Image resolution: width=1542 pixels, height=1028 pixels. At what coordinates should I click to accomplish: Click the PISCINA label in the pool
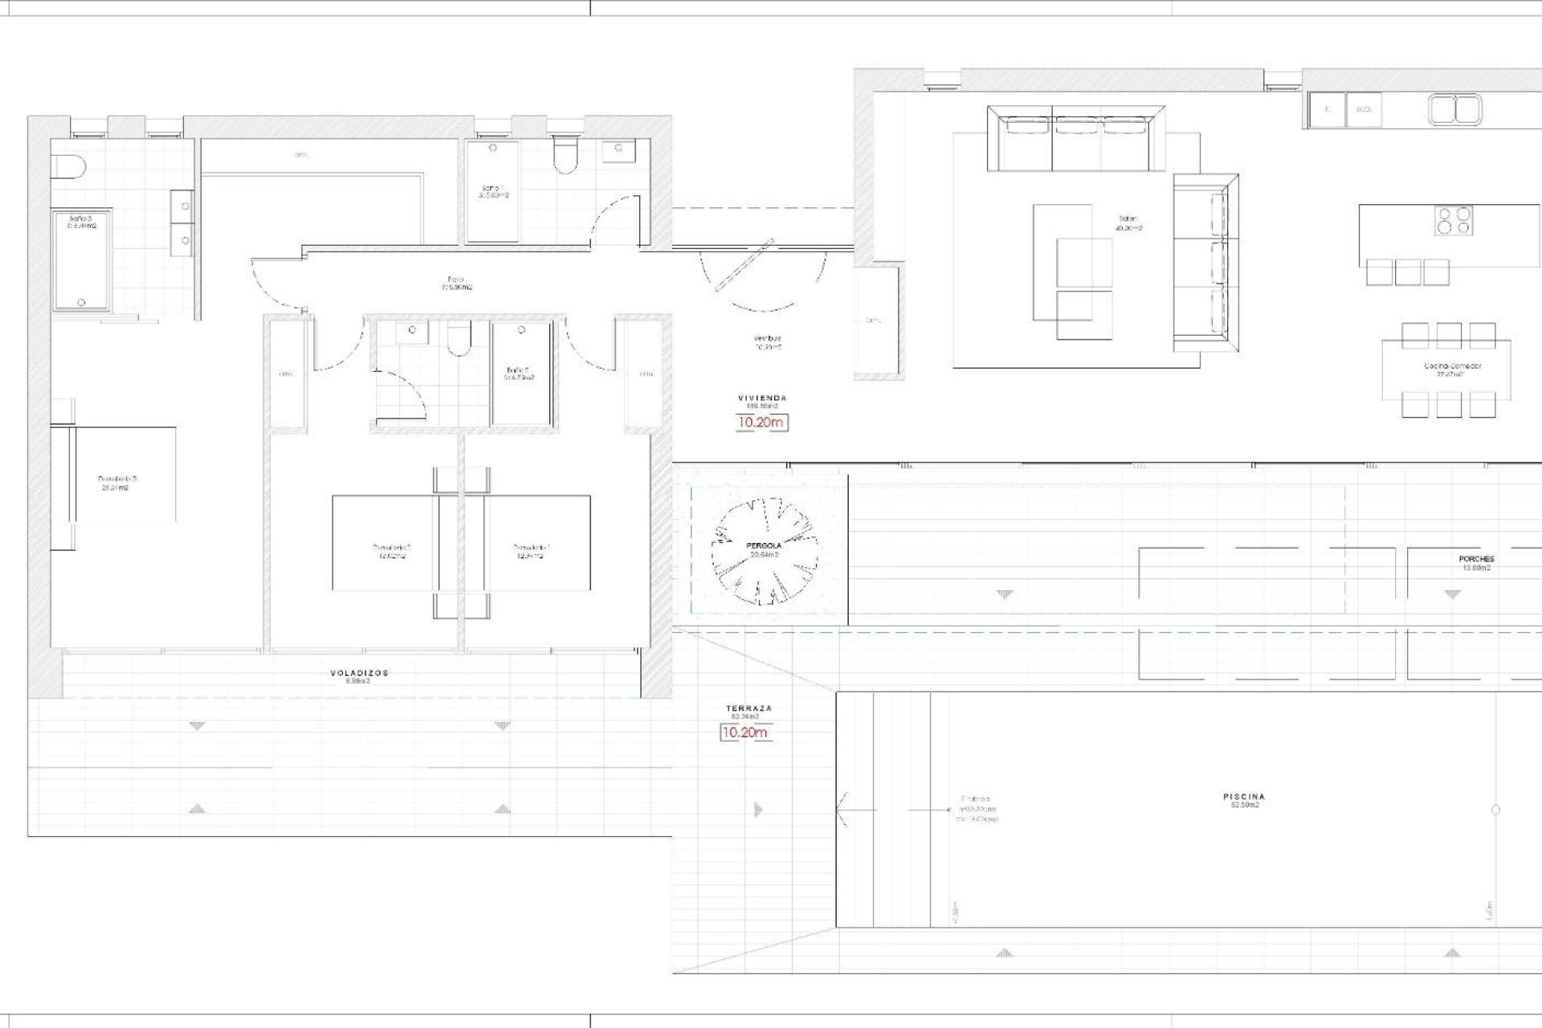click(1244, 797)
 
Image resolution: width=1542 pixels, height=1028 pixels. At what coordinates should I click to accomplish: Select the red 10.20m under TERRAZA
click(744, 732)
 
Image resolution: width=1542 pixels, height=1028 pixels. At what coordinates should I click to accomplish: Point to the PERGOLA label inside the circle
click(764, 545)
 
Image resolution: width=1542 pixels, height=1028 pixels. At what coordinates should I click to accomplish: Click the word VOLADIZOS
click(359, 673)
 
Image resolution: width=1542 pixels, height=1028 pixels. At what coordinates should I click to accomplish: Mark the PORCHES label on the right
click(1476, 559)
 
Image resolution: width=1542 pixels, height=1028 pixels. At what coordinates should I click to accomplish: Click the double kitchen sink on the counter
click(1455, 110)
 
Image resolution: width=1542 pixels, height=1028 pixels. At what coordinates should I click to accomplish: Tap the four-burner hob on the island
click(1454, 221)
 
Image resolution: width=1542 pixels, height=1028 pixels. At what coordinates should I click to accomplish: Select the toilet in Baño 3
click(67, 166)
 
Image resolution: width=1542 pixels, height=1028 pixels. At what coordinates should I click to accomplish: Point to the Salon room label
click(1128, 218)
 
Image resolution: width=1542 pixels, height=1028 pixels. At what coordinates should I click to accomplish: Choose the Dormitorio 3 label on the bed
click(112, 479)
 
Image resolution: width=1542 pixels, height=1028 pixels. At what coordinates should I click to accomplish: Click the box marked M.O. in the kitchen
click(1363, 110)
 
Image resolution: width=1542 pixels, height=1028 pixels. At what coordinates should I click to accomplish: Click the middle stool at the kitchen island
click(1408, 272)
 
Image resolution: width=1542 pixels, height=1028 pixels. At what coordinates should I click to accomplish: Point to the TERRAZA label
click(749, 708)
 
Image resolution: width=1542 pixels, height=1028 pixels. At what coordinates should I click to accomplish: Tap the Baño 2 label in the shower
click(518, 370)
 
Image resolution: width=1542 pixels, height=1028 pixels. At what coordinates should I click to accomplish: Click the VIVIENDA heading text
click(762, 398)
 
